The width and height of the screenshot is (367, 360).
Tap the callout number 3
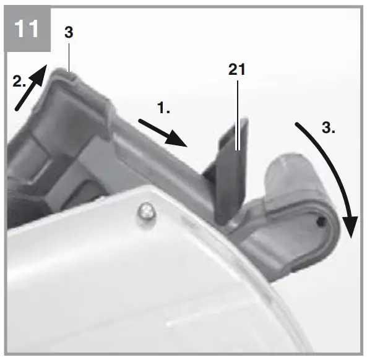click(69, 33)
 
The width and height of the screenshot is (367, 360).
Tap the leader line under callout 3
click(69, 59)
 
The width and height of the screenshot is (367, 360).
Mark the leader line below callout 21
click(237, 111)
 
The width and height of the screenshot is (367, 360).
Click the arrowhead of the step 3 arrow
click(350, 229)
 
